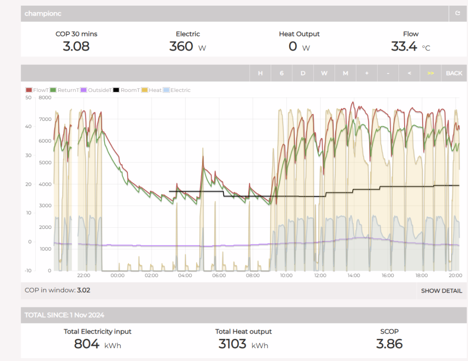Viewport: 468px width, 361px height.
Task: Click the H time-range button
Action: (260, 73)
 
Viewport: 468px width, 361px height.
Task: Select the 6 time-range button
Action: (281, 73)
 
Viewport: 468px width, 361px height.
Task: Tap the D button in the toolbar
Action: (303, 73)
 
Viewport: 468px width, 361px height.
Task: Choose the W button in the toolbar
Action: (324, 73)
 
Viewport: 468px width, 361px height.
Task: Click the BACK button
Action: (454, 73)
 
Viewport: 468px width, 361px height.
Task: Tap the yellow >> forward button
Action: (430, 73)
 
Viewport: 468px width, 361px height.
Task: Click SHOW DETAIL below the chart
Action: (441, 291)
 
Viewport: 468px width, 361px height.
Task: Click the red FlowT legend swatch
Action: (29, 90)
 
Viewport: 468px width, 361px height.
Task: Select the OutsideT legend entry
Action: (96, 90)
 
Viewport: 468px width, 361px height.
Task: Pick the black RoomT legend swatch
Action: (116, 90)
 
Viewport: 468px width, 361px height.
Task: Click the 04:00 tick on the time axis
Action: (185, 275)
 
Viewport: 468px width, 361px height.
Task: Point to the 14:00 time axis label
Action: (354, 275)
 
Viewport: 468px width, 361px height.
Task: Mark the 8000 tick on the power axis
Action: (45, 98)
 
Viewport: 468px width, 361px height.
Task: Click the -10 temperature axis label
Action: (28, 270)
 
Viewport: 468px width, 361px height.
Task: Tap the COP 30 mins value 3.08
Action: (76, 46)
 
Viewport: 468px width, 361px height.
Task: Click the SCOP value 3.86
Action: (389, 344)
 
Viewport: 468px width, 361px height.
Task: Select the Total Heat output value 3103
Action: (232, 344)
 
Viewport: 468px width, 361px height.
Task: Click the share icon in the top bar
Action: (458, 13)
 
